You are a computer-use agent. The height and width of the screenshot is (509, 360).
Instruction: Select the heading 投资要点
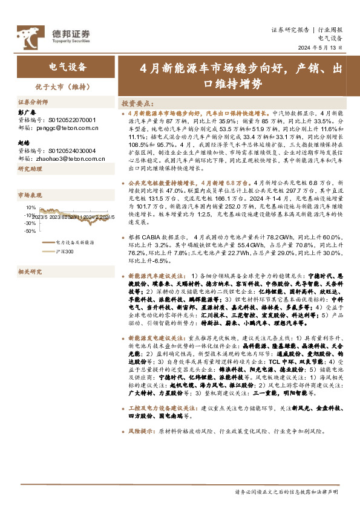(139, 103)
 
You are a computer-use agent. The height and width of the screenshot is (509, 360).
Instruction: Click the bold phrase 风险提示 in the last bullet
(140, 432)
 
